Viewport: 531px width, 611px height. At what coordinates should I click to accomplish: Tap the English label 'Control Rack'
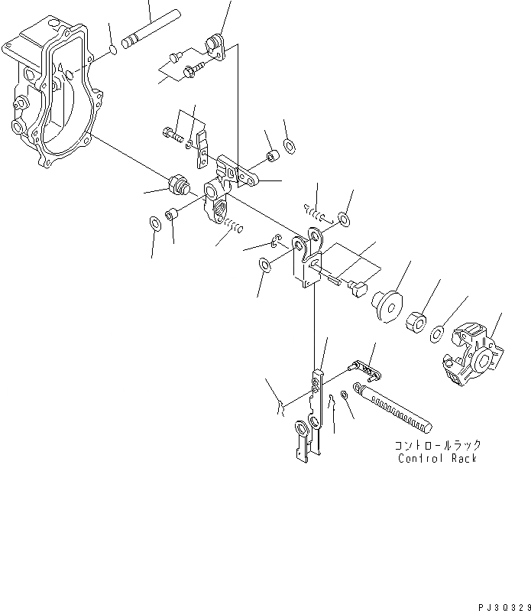[437, 458]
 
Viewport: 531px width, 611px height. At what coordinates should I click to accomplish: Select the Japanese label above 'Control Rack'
[437, 444]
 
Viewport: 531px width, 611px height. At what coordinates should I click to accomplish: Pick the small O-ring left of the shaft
[112, 52]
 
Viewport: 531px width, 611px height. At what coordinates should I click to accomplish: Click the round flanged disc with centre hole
[387, 304]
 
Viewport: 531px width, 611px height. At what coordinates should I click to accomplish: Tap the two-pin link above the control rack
[363, 371]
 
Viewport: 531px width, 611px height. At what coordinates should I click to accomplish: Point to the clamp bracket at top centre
[216, 44]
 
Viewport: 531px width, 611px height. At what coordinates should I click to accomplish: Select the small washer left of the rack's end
[345, 395]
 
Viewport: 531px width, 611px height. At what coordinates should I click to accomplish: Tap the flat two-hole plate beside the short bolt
[202, 147]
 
